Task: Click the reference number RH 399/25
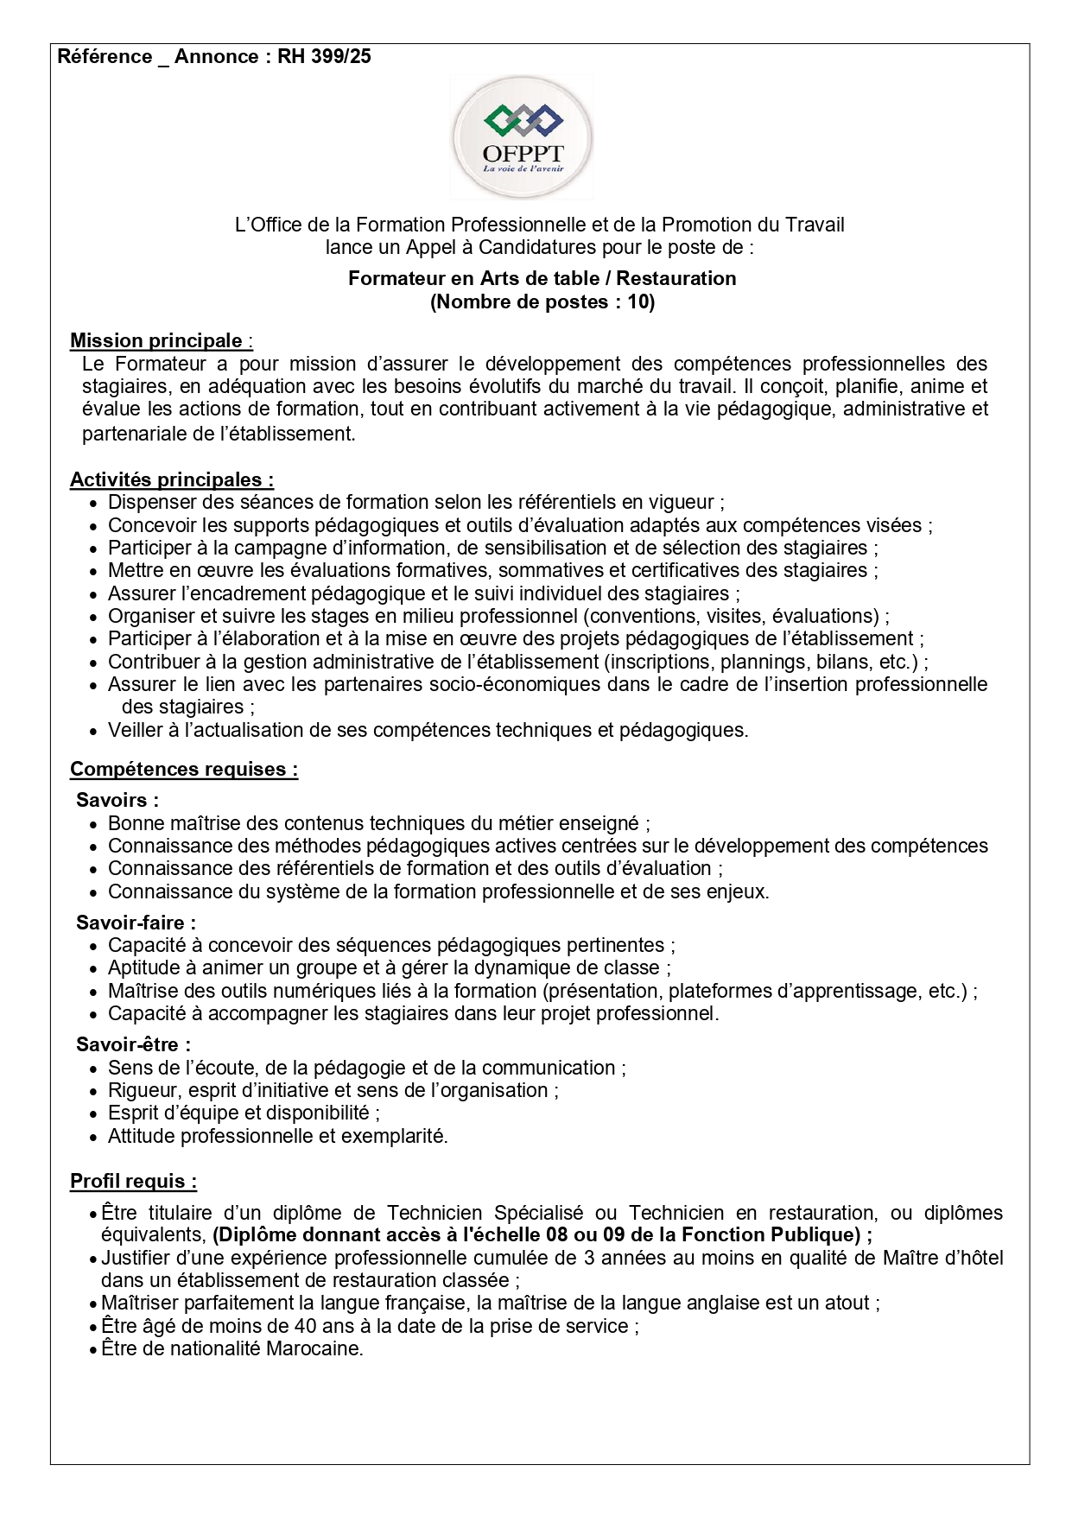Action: (324, 57)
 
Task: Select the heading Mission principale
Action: (156, 340)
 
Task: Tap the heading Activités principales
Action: (171, 479)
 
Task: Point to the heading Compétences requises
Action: (183, 769)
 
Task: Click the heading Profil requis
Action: (133, 1181)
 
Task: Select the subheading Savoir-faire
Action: (136, 923)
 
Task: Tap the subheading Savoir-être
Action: (133, 1044)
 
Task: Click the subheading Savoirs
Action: (117, 800)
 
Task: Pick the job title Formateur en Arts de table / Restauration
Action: (542, 278)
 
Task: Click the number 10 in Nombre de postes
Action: (637, 302)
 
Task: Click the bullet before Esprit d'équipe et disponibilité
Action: (94, 1114)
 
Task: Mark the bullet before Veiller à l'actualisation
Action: (94, 732)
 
